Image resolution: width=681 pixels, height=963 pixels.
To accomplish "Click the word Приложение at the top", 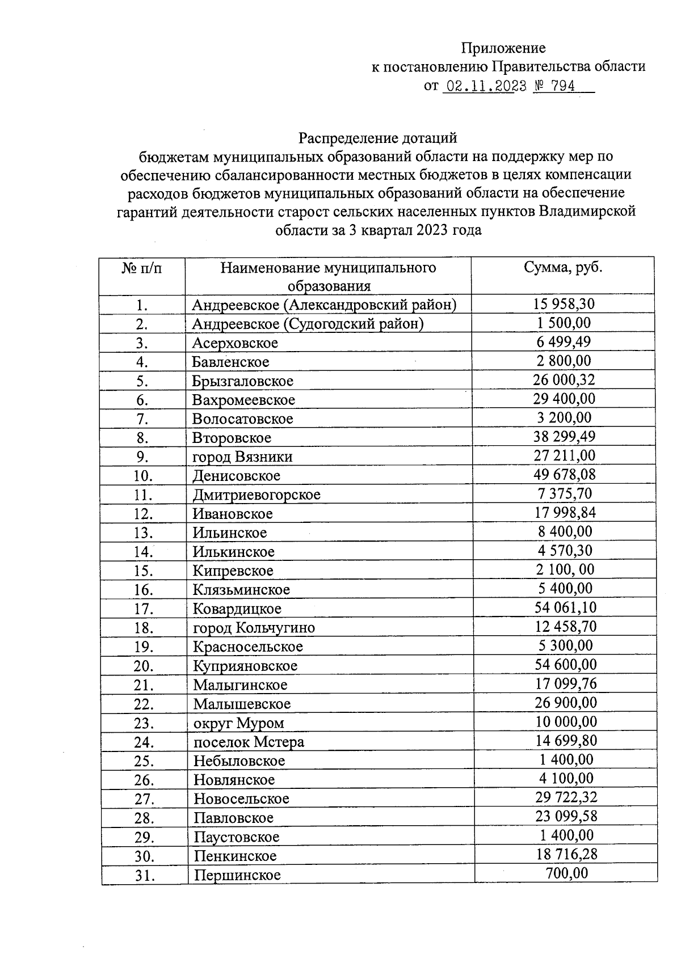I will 503,48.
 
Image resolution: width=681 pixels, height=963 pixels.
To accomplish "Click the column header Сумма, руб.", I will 563,268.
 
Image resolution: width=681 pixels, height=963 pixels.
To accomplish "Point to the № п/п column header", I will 142,268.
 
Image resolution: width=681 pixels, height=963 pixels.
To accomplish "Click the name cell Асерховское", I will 235,343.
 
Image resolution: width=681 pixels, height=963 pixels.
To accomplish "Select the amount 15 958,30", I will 564,304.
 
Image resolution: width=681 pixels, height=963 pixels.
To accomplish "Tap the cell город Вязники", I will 242,457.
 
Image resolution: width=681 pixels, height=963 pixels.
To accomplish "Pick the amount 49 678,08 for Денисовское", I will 564,474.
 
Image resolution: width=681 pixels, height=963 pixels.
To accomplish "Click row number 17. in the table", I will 144,609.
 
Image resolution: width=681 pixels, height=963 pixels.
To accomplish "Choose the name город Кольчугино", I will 254,628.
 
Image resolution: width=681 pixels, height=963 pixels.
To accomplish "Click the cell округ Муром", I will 238,723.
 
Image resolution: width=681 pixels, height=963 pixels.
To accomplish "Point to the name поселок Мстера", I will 249,742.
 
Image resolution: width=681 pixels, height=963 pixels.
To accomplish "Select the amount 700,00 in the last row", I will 566,873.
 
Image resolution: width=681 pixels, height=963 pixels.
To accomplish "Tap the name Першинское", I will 237,875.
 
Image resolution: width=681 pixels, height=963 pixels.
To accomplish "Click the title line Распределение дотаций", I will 377,138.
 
